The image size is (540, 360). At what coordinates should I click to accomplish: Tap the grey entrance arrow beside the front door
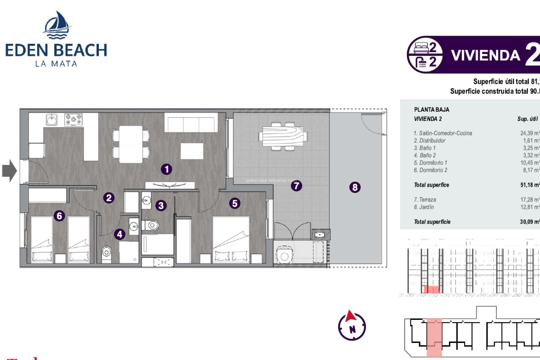tap(9, 171)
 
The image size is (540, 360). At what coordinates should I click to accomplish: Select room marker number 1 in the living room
tap(166, 169)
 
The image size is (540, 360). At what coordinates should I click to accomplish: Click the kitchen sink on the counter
tap(52, 120)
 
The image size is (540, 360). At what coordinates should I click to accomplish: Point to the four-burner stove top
tap(73, 120)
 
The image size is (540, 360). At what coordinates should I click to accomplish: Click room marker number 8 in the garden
tap(355, 187)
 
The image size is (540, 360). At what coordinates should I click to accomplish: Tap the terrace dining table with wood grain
tap(283, 136)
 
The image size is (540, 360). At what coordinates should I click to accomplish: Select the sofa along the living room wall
tap(191, 123)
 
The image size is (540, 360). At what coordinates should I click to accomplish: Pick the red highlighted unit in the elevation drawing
tap(431, 289)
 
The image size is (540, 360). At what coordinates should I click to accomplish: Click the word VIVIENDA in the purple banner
tap(486, 55)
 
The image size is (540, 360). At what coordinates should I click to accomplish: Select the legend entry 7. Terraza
tap(425, 200)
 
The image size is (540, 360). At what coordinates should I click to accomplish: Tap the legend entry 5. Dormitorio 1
tap(430, 163)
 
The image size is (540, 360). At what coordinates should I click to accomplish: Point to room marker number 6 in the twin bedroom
tap(59, 216)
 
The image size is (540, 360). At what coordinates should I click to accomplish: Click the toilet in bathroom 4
tap(106, 253)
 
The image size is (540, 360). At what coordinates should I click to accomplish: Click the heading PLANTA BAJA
tap(431, 110)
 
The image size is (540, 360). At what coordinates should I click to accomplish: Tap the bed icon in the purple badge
tap(421, 48)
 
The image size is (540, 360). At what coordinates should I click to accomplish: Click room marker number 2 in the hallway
tap(109, 198)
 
